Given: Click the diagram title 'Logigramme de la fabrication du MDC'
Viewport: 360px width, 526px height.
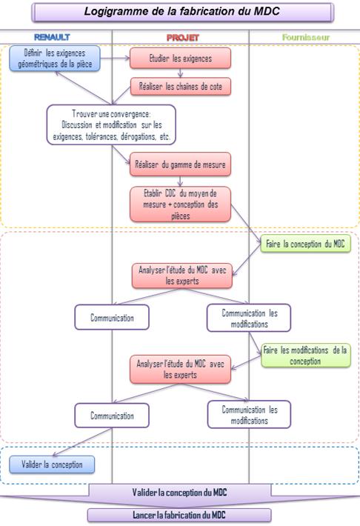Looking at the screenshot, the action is coord(182,12).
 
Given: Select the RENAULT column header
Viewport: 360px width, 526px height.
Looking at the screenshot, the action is coord(52,37).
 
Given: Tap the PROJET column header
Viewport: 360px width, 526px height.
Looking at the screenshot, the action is coord(183,37).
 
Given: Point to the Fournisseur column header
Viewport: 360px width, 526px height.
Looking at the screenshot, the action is coord(306,37).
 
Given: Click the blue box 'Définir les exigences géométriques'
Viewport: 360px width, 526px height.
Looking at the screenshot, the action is coord(55,59).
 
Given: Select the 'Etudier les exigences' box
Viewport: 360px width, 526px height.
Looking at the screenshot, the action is coord(181,58).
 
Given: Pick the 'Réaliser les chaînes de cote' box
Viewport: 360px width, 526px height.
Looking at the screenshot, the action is coord(181,86).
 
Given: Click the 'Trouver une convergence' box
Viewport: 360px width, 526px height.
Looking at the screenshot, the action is coord(111,124).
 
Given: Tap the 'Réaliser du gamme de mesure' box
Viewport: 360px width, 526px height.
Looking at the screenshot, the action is coord(181,164).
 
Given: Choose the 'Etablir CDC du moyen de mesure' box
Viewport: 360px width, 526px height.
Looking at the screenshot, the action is coord(181,204).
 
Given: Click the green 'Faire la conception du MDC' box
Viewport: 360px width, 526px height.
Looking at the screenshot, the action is coord(305,244).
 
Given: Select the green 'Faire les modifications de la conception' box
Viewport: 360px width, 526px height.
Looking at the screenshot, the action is coord(306,356).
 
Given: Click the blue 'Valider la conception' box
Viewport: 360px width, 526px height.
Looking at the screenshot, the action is coord(52,465).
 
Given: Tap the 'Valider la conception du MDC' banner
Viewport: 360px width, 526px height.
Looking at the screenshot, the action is coord(179,493).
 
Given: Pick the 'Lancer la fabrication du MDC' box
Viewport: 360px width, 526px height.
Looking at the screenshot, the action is coord(179,515).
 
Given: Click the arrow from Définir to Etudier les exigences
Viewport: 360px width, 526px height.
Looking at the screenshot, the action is coord(115,58).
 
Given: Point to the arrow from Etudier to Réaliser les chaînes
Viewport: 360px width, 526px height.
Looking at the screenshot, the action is coord(181,73).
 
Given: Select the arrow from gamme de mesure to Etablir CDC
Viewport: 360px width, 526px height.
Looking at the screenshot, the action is coord(181,182).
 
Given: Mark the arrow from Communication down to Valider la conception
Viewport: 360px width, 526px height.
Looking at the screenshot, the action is coord(82,442).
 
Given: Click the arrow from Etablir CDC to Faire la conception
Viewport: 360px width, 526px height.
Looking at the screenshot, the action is coord(247,224).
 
